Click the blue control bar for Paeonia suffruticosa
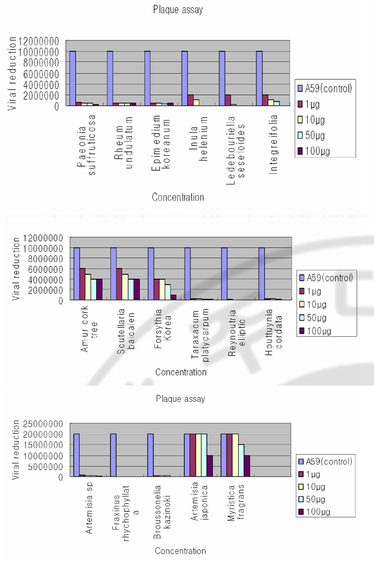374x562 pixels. click(72, 78)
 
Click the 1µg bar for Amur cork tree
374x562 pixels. click(83, 284)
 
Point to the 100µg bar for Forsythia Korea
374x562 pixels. click(173, 297)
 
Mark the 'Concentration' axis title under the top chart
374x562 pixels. click(178, 197)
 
